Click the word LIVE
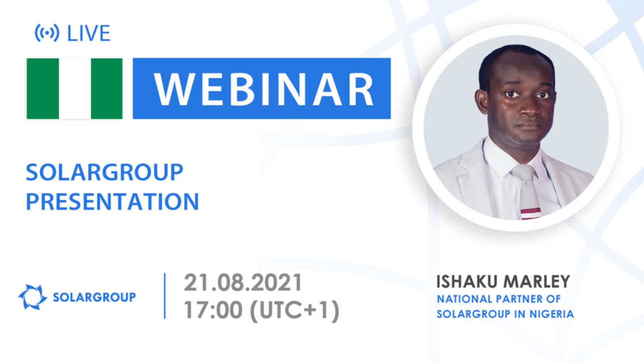click(x=89, y=33)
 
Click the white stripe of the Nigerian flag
click(x=75, y=88)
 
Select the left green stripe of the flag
click(x=43, y=88)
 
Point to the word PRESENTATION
click(x=112, y=201)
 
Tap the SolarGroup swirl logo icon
click(x=33, y=297)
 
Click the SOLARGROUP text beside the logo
click(x=95, y=297)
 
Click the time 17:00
click(x=213, y=310)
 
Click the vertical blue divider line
click(x=165, y=296)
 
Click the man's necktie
click(x=527, y=191)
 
